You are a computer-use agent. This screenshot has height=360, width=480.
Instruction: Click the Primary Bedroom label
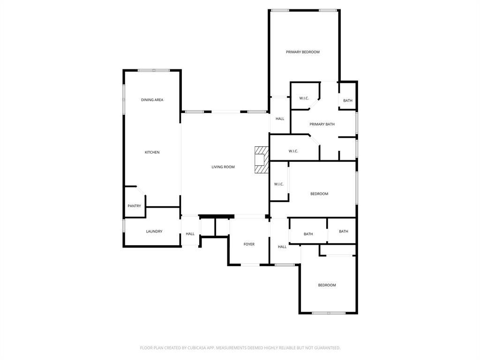303,52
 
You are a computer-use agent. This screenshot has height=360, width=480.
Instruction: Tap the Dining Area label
152,100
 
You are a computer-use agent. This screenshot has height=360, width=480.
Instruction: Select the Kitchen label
152,152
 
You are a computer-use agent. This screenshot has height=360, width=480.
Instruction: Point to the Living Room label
223,167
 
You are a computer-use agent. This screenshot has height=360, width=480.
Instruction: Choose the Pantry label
135,206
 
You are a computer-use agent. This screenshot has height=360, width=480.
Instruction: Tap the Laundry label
154,231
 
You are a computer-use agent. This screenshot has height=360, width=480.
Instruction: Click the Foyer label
249,244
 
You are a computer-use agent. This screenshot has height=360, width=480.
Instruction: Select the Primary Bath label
322,124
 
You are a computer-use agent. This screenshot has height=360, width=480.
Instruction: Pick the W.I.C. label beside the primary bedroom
304,98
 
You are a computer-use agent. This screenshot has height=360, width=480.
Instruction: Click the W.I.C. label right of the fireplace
293,151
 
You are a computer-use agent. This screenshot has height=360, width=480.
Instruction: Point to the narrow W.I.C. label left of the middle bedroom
279,184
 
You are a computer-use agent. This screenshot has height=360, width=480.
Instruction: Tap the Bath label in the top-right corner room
348,101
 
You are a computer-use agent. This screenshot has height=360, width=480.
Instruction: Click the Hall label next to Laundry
190,234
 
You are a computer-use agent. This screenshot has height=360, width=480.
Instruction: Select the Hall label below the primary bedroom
280,119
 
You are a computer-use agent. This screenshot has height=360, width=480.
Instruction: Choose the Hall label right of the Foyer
282,247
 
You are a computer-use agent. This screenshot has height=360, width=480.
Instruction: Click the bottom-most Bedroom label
327,285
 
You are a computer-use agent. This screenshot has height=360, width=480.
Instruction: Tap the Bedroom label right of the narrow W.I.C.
319,194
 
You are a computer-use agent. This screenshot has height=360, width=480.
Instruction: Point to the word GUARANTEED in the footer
323,348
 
